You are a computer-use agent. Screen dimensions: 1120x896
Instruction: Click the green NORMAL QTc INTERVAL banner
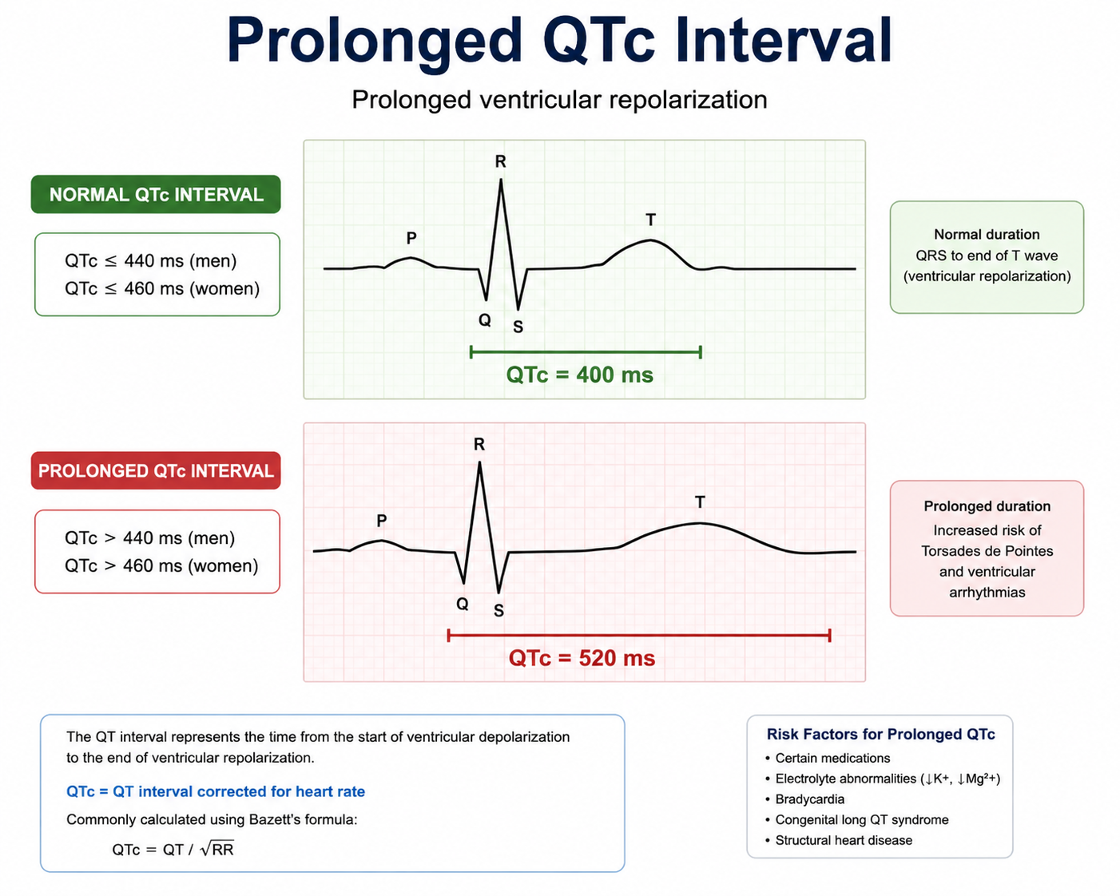pos(156,194)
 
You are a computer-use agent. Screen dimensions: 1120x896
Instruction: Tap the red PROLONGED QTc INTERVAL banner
pos(156,470)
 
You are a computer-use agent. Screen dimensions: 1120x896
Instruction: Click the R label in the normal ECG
pos(501,162)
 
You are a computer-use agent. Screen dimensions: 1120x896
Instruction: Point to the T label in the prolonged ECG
pos(700,502)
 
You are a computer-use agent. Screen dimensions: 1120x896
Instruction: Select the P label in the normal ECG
pos(411,238)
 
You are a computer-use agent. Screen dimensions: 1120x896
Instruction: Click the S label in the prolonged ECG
pos(498,610)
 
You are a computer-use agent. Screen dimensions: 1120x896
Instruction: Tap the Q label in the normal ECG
pos(485,320)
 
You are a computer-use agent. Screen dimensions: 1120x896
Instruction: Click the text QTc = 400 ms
pos(579,375)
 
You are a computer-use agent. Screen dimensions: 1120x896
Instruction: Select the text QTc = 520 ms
pos(582,658)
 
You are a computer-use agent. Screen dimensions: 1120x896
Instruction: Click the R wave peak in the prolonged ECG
pos(479,462)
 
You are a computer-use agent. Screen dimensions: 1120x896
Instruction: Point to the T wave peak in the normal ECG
pos(650,240)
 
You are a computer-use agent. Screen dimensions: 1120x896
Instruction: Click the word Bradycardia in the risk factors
pos(810,799)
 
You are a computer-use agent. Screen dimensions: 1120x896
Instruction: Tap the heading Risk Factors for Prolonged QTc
pos(880,734)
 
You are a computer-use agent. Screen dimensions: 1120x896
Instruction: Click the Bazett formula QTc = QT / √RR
pos(173,849)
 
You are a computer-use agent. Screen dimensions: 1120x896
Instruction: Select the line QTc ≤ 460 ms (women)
pos(162,288)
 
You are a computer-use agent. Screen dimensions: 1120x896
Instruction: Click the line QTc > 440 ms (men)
pos(150,537)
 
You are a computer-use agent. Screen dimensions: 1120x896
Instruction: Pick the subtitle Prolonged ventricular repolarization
pos(559,99)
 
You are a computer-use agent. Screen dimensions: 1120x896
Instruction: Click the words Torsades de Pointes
pos(987,551)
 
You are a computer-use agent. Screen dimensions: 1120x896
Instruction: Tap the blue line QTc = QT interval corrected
pos(216,791)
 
